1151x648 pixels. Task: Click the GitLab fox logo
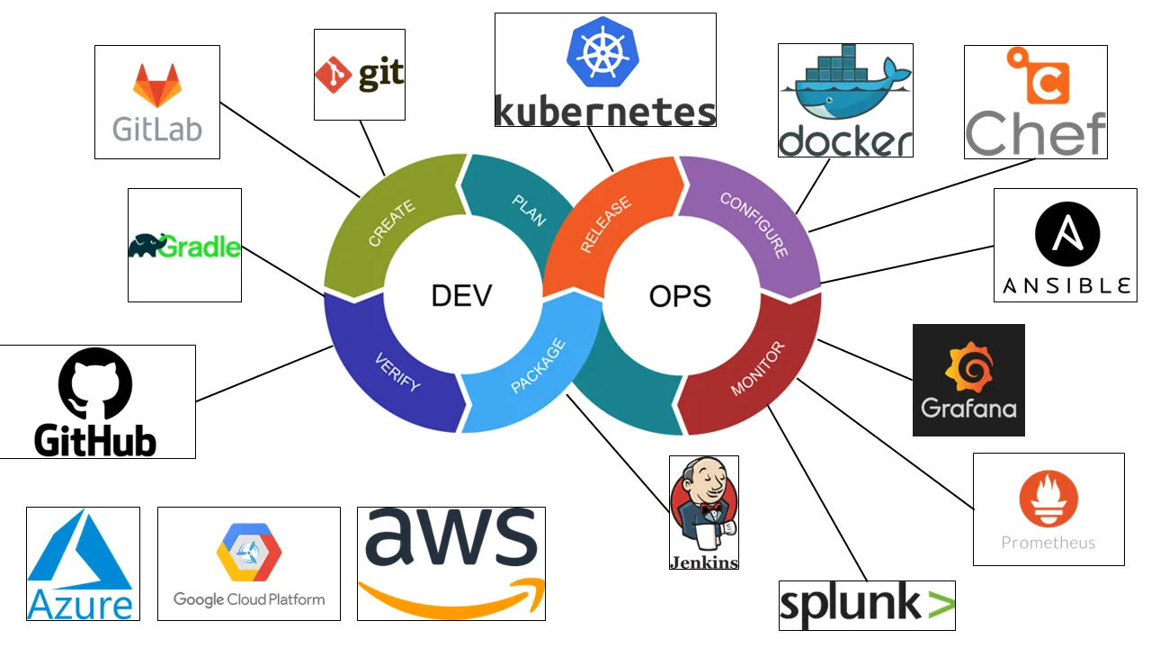[x=156, y=86]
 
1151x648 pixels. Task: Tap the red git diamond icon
[x=333, y=75]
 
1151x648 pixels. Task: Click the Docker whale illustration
[x=845, y=89]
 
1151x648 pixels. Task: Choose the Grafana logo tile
[x=968, y=380]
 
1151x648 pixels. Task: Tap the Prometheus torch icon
[x=1048, y=499]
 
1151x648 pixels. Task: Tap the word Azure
[x=82, y=604]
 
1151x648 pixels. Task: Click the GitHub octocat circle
[x=95, y=384]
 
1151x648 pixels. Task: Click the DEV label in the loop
[x=461, y=295]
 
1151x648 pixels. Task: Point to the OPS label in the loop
[x=680, y=295]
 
